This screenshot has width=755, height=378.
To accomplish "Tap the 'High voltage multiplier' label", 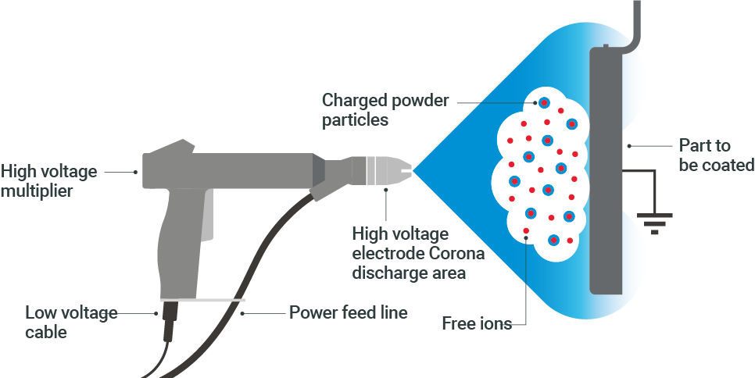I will pyautogui.click(x=49, y=180).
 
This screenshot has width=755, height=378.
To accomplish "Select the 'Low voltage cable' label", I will pyautogui.click(x=71, y=323).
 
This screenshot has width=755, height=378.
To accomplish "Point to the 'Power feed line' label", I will pyautogui.click(x=348, y=313).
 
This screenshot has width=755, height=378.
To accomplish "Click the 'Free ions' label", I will pyautogui.click(x=476, y=323).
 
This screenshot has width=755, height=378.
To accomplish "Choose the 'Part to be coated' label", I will pyautogui.click(x=715, y=155).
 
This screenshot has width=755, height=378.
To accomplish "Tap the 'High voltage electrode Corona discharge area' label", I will pyautogui.click(x=418, y=253).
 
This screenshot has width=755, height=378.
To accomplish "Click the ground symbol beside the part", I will pyautogui.click(x=654, y=222).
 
